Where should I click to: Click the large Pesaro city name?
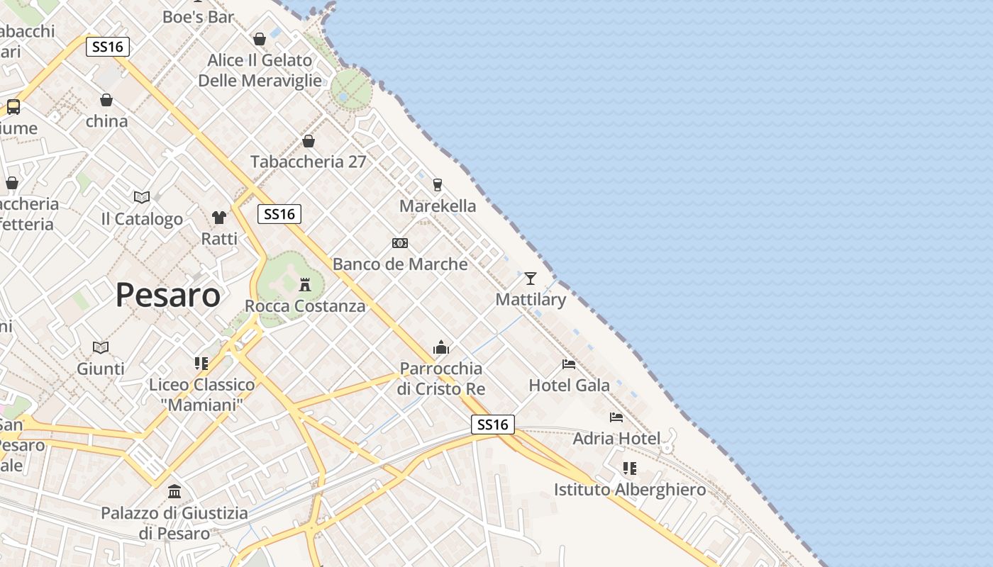[167, 295]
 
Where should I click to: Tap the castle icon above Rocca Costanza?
[305, 285]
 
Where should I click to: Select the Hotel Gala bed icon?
[569, 364]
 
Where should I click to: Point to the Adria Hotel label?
[616, 438]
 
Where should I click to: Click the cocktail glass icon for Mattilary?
[531, 278]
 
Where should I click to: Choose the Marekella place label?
[438, 206]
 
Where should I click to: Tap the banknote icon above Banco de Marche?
[400, 243]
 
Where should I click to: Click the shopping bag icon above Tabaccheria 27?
[309, 141]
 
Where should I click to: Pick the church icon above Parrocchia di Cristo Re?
[441, 347]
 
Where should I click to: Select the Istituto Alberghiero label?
[630, 490]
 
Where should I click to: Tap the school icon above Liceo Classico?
[201, 364]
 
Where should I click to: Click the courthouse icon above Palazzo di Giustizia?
[174, 491]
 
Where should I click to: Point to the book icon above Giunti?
[101, 347]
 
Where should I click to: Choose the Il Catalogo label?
[142, 219]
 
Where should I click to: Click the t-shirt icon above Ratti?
[219, 217]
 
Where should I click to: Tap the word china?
[106, 121]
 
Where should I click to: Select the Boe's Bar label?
[198, 17]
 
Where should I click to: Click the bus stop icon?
[13, 107]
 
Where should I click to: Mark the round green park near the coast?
[350, 90]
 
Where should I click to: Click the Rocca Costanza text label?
[305, 306]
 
